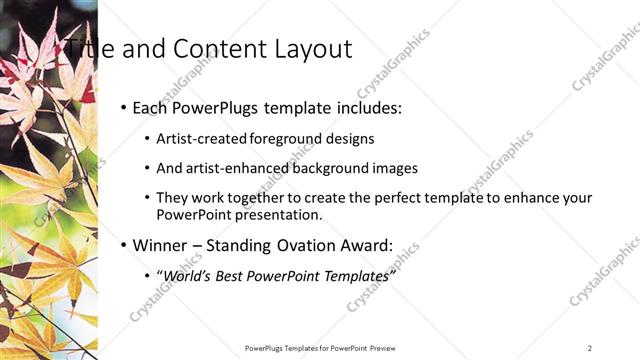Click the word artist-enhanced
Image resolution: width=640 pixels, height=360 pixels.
pyautogui.click(x=229, y=169)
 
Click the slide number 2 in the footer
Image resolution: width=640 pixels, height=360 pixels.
pyautogui.click(x=590, y=348)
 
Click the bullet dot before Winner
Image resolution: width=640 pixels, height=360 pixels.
pyautogui.click(x=122, y=245)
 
